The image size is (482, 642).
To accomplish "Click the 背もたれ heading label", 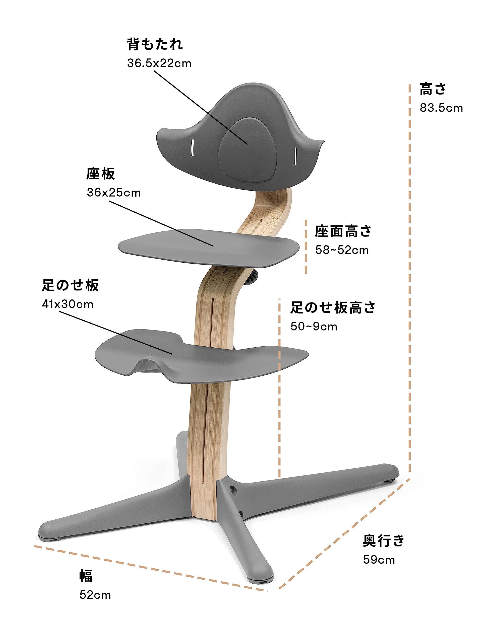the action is pos(155,44).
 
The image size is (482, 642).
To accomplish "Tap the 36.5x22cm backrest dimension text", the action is pos(159,63).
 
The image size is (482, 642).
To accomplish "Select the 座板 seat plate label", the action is pos(100,174).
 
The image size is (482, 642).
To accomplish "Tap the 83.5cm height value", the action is pos(441,108).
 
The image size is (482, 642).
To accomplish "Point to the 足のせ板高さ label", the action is pos(333,308).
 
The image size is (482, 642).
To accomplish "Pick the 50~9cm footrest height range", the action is pos(314,327).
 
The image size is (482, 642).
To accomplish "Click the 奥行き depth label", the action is pos(384,540).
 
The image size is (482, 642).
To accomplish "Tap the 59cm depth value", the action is pos(379,559).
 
